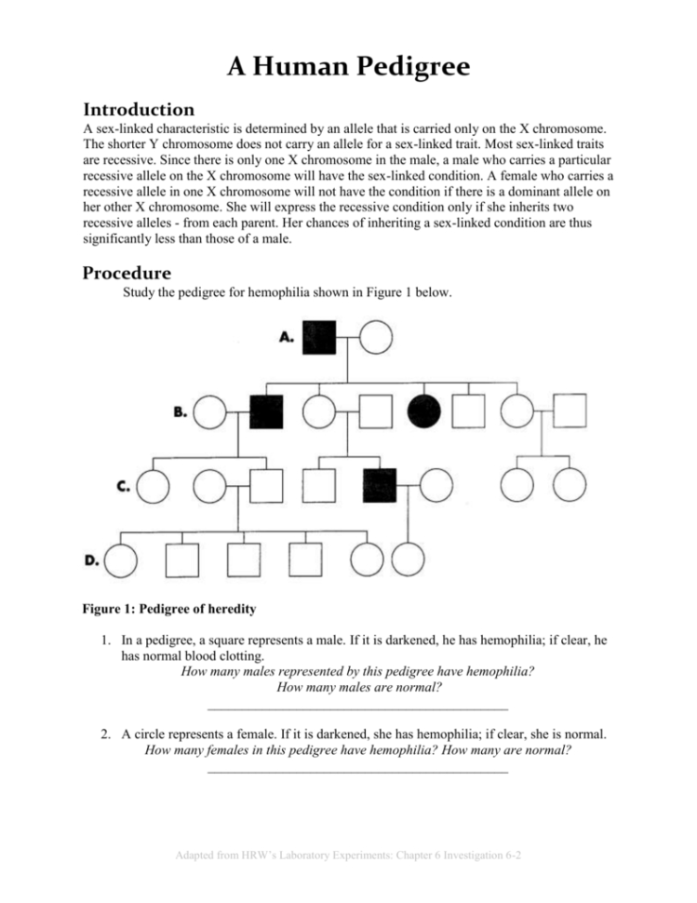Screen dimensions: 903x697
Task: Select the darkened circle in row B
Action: pos(426,411)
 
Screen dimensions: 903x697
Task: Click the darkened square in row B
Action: pos(267,411)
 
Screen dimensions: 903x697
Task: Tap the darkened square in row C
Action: pos(380,485)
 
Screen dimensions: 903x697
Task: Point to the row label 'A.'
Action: pos(288,339)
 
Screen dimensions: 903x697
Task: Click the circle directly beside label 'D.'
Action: pos(122,559)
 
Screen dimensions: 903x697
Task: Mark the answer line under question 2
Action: pos(357,772)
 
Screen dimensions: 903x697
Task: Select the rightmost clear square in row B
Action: pos(570,411)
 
